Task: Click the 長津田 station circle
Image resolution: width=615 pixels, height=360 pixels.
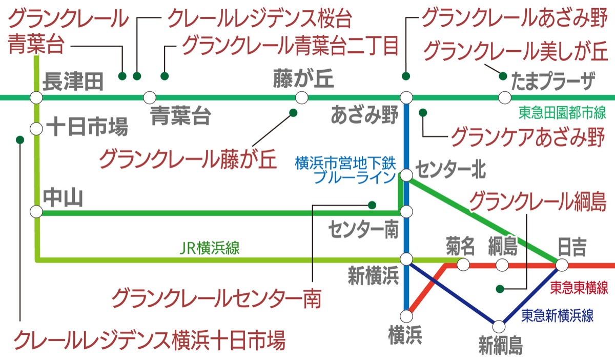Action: [x=36, y=97]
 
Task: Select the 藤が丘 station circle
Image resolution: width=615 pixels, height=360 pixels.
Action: [x=301, y=97]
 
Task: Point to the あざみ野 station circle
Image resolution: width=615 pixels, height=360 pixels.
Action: [x=406, y=97]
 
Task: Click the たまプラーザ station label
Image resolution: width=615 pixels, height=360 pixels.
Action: [x=554, y=81]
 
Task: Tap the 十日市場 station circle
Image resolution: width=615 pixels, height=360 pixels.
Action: [x=36, y=128]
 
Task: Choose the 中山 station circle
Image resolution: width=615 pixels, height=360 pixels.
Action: [x=36, y=211]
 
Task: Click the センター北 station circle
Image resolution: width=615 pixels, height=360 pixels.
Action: [x=406, y=175]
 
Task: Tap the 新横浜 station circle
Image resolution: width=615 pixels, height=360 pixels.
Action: [x=406, y=259]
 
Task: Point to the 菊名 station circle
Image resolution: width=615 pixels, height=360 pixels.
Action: [x=463, y=265]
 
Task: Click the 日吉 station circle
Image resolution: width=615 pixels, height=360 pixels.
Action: [x=562, y=265]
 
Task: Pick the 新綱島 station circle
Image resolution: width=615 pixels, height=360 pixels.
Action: [x=500, y=325]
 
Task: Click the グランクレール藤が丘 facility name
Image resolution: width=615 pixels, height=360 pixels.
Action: [x=187, y=158]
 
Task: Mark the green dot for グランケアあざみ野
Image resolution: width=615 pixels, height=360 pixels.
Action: [x=423, y=112]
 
